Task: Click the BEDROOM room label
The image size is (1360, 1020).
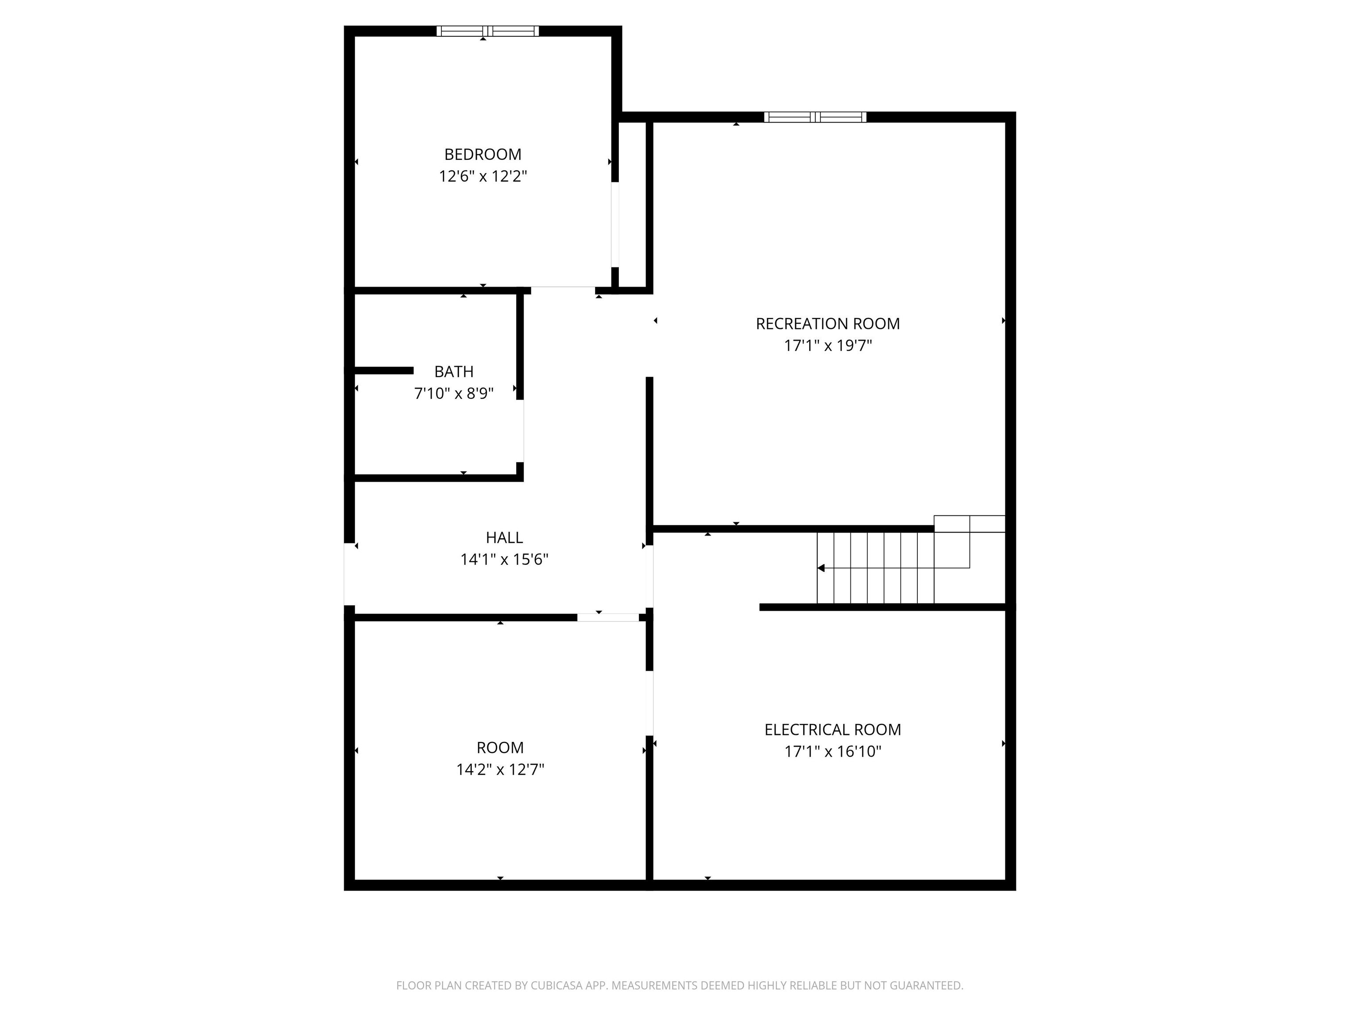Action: tap(483, 155)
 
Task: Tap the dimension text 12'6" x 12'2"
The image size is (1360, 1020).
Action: tap(483, 177)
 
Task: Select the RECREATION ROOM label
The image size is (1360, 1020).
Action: tap(827, 324)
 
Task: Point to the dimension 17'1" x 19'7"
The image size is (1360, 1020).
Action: tap(827, 345)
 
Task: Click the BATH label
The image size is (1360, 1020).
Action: tap(454, 371)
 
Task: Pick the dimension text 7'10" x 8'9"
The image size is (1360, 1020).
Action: tap(454, 394)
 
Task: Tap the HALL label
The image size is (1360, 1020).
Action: tap(504, 537)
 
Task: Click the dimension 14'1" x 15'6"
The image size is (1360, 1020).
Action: tap(504, 560)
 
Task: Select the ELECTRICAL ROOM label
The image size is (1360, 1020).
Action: tap(832, 729)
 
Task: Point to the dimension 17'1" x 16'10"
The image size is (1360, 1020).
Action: tap(832, 751)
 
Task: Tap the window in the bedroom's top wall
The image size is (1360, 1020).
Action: tap(487, 31)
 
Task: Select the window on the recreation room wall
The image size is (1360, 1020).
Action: tap(815, 117)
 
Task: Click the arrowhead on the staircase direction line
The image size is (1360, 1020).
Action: tap(821, 568)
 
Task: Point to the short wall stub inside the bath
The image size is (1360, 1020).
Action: tap(384, 370)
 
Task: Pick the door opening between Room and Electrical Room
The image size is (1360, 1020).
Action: tap(649, 703)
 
